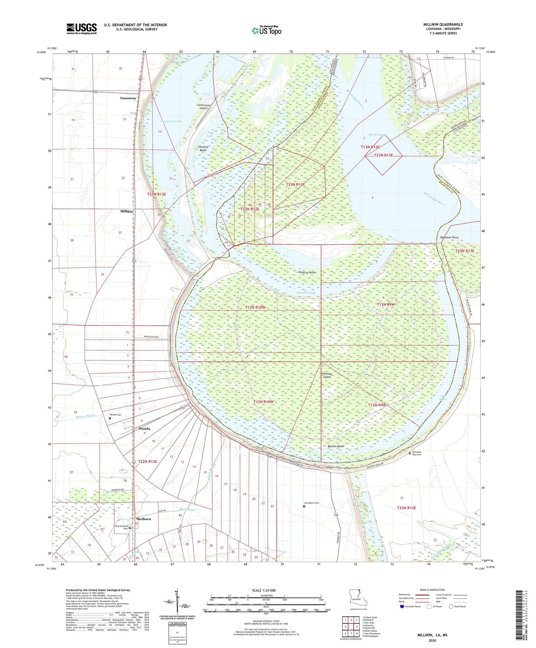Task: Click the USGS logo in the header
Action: click(82, 28)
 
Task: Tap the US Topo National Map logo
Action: click(266, 30)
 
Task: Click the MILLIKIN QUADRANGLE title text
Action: click(443, 24)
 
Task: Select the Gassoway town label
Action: click(128, 98)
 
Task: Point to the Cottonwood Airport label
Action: click(204, 107)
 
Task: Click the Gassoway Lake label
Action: click(171, 121)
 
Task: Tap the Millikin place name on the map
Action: click(126, 211)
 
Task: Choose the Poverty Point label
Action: click(307, 272)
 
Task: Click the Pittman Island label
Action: click(327, 375)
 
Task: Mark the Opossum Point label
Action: click(449, 238)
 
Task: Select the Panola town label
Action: click(145, 429)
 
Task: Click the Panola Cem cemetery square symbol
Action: click(110, 418)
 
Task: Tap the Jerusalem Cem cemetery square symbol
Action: click(304, 506)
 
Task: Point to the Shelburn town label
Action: click(144, 519)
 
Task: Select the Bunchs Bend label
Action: click(336, 446)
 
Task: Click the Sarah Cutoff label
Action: click(377, 135)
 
